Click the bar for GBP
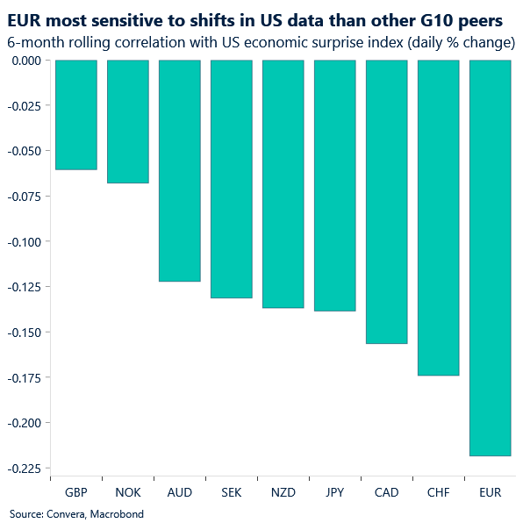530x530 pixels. tap(75, 114)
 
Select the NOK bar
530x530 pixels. tap(127, 121)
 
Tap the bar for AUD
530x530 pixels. tap(179, 170)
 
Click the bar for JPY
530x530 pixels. tap(334, 185)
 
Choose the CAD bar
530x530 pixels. tap(386, 202)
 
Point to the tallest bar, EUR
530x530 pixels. tap(490, 257)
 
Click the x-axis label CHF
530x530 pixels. tap(438, 493)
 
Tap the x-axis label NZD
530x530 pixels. tap(283, 493)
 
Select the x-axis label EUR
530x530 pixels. tap(490, 493)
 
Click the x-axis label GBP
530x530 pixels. tap(75, 493)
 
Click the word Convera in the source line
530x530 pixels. tap(64, 514)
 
